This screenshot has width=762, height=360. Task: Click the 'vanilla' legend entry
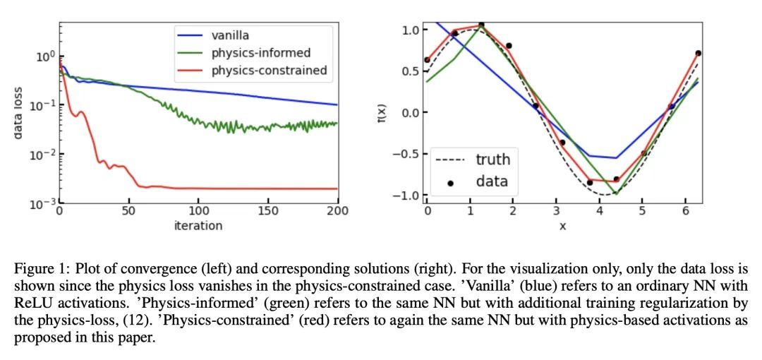pyautogui.click(x=230, y=35)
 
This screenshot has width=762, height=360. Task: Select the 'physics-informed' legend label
pyautogui.click(x=261, y=52)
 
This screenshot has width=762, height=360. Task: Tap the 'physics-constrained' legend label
pyautogui.click(x=269, y=70)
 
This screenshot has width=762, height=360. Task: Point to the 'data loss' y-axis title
pyautogui.click(x=19, y=109)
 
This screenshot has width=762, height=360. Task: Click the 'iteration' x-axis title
pyautogui.click(x=198, y=226)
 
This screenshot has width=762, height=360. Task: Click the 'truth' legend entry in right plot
pyautogui.click(x=492, y=159)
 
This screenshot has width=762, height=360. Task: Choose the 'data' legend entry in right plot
pyautogui.click(x=492, y=181)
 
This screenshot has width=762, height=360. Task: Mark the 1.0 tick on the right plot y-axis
pyautogui.click(x=411, y=30)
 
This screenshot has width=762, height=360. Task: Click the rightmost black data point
pyautogui.click(x=698, y=53)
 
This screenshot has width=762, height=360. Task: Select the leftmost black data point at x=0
pyautogui.click(x=427, y=60)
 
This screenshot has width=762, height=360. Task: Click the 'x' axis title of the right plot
pyautogui.click(x=562, y=226)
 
